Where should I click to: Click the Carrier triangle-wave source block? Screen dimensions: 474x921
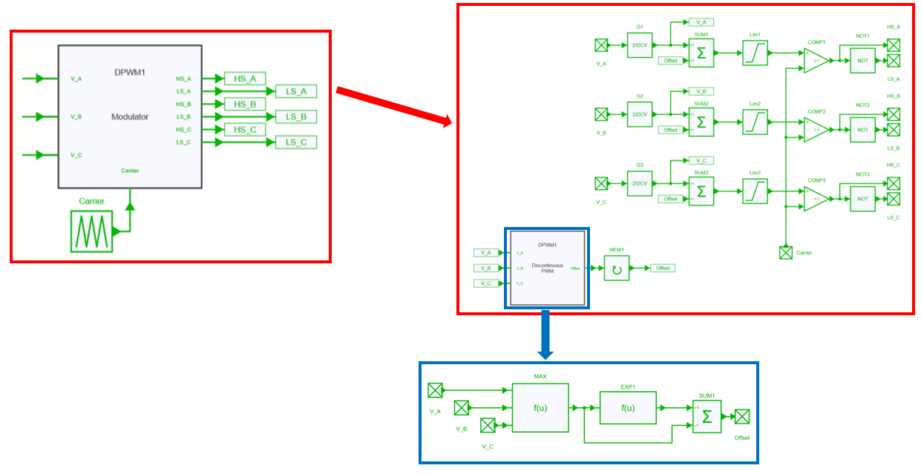pyautogui.click(x=91, y=231)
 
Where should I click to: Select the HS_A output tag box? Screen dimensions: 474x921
pyautogui.click(x=244, y=79)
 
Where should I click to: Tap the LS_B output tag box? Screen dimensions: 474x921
pyautogui.click(x=296, y=116)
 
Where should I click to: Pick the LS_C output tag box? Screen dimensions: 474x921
pyautogui.click(x=296, y=142)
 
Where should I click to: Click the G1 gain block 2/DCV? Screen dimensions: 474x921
pyautogui.click(x=639, y=45)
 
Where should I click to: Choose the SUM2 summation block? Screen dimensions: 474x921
pyautogui.click(x=701, y=122)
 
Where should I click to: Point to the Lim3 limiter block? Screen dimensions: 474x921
pyautogui.click(x=755, y=191)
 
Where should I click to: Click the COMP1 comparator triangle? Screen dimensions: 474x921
pyautogui.click(x=816, y=61)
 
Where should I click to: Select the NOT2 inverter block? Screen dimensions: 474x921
pyautogui.click(x=862, y=129)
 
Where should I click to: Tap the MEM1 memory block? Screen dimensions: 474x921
pyautogui.click(x=616, y=268)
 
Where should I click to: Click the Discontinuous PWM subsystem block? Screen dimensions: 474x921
pyautogui.click(x=547, y=268)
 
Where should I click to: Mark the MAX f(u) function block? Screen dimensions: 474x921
pyautogui.click(x=540, y=407)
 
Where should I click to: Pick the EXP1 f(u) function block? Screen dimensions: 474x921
pyautogui.click(x=628, y=407)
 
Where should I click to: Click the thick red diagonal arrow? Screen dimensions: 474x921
pyautogui.click(x=393, y=107)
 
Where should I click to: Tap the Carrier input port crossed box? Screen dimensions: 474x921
pyautogui.click(x=785, y=252)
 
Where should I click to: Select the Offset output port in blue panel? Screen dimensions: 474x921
pyautogui.click(x=741, y=416)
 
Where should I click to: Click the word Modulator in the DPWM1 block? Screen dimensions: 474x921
pyautogui.click(x=130, y=116)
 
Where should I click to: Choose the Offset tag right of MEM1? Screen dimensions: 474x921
pyautogui.click(x=662, y=268)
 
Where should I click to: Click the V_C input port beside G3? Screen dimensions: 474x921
pyautogui.click(x=601, y=183)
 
